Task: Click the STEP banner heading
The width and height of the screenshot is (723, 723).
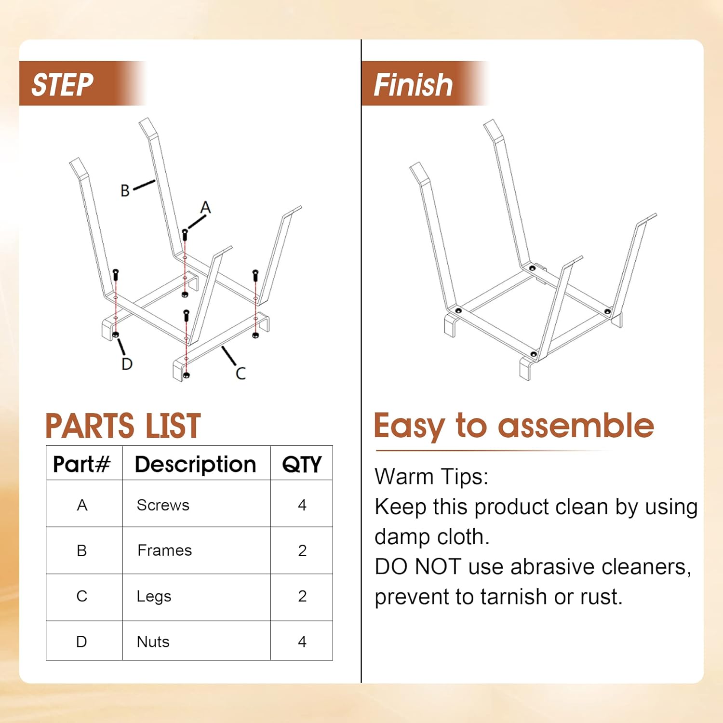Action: (62, 85)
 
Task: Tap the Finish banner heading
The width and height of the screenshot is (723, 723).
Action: (413, 85)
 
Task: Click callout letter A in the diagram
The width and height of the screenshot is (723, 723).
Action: (206, 207)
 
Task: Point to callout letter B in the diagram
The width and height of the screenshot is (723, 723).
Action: (125, 190)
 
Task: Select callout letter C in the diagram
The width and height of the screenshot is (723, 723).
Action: (241, 373)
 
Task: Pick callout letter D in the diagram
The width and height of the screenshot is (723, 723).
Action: (127, 363)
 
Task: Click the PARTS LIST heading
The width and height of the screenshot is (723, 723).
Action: (123, 426)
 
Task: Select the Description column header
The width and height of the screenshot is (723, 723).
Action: (195, 464)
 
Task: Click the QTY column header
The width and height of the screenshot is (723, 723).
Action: (302, 465)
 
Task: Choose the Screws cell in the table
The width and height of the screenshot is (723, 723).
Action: (163, 505)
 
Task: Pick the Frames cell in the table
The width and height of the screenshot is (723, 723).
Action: (164, 550)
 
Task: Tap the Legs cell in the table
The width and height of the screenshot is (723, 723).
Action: (154, 596)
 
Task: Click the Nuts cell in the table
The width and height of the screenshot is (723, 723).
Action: (153, 642)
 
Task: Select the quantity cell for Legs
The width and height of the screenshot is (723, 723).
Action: (302, 596)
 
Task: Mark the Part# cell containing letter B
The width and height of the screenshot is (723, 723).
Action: (82, 550)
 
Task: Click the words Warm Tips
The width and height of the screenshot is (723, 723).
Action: (431, 477)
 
